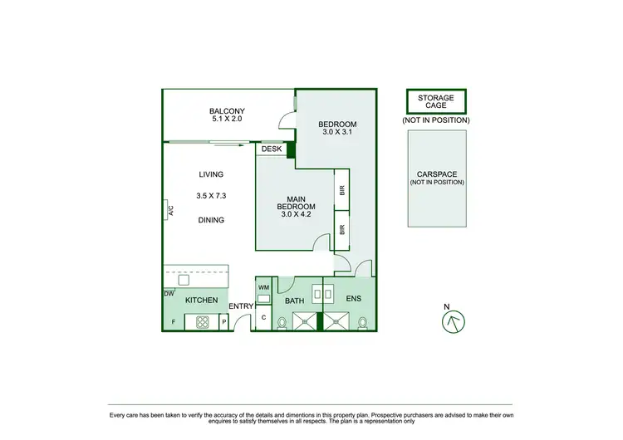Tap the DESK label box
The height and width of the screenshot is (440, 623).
pyautogui.click(x=271, y=149)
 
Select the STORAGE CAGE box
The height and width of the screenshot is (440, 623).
pyautogui.click(x=435, y=102)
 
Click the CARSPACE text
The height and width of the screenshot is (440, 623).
pyautogui.click(x=435, y=174)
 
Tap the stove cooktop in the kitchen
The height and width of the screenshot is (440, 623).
pyautogui.click(x=201, y=321)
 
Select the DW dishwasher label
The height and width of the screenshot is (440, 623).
pyautogui.click(x=169, y=293)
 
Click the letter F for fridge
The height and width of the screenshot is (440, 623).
pyautogui.click(x=173, y=321)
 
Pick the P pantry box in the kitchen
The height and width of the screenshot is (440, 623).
pyautogui.click(x=223, y=321)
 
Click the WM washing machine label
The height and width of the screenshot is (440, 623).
pyautogui.click(x=264, y=288)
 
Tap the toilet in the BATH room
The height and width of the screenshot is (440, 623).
pyautogui.click(x=282, y=322)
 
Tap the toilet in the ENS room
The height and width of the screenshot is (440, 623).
pyautogui.click(x=363, y=322)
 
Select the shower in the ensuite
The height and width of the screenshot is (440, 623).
pyautogui.click(x=337, y=320)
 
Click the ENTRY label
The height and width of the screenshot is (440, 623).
pyautogui.click(x=241, y=306)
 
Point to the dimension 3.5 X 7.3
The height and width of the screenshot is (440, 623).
pyautogui.click(x=211, y=197)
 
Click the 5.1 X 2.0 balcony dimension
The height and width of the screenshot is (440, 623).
pyautogui.click(x=226, y=120)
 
